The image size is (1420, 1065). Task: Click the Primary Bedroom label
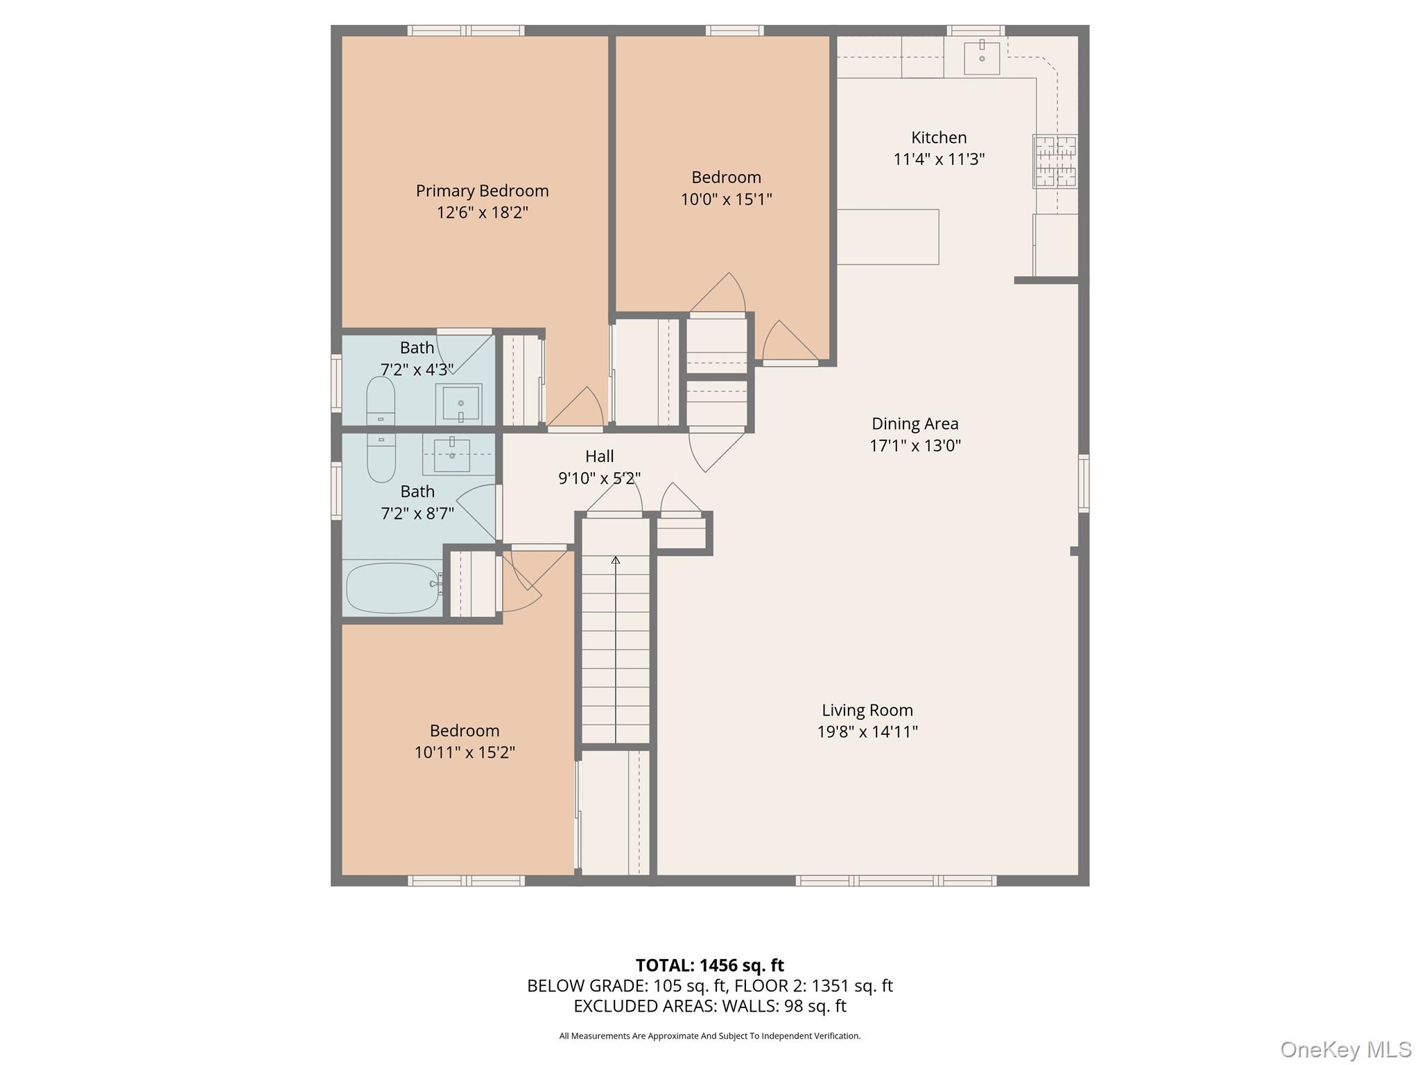[x=482, y=191]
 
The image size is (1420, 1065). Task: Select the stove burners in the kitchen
[x=1055, y=162]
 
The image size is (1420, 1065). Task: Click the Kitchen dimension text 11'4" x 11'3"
[x=939, y=159]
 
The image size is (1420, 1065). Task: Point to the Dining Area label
[x=915, y=424]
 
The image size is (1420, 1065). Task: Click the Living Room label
[x=867, y=710]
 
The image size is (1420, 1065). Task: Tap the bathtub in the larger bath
[x=392, y=588]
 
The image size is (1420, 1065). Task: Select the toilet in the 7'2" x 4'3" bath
[x=380, y=400]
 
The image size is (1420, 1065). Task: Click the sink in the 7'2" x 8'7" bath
[x=452, y=454]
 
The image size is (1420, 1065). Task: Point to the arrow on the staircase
[x=616, y=560]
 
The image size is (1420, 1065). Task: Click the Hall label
[x=599, y=456]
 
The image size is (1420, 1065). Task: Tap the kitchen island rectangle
[x=887, y=237]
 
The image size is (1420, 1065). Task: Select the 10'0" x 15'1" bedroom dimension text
[x=726, y=200]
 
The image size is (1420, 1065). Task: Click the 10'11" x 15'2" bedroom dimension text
[x=465, y=752]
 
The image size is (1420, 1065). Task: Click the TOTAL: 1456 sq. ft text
[x=709, y=965]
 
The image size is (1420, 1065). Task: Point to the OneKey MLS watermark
[x=1345, y=1050]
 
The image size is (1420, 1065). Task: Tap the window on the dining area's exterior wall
[x=1083, y=483]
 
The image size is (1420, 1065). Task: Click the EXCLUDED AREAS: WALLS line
[x=709, y=1006]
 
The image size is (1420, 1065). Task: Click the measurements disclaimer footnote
[x=709, y=1036]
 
